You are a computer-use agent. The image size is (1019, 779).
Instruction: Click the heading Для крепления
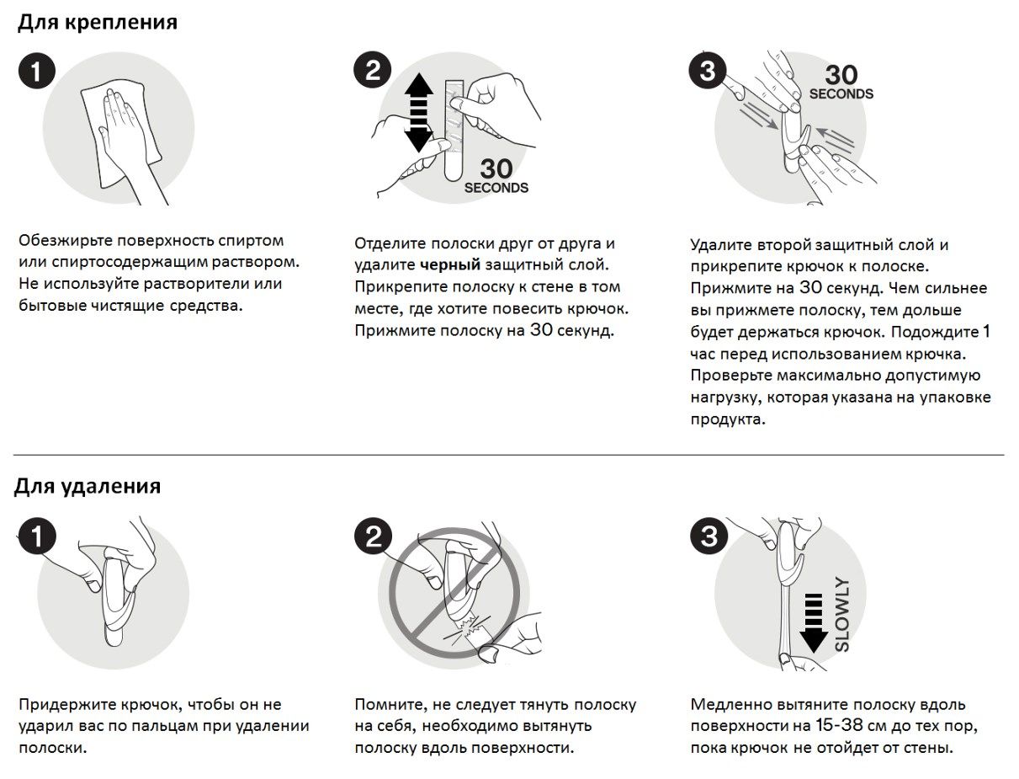coord(98,23)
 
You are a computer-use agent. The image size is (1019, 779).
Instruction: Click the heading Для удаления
coord(88,486)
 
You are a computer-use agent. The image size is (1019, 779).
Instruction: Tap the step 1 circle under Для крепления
coord(36,71)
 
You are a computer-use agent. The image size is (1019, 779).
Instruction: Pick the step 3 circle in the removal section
coord(709,536)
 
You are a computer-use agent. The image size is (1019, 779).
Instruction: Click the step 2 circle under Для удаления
coord(373,536)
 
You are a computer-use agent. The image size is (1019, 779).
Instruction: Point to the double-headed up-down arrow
coord(417,112)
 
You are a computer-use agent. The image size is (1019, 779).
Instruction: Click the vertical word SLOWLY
coord(841,614)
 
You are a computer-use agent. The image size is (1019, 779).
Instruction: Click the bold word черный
coord(450,265)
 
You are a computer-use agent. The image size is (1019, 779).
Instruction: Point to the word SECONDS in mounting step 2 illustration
coord(496,188)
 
